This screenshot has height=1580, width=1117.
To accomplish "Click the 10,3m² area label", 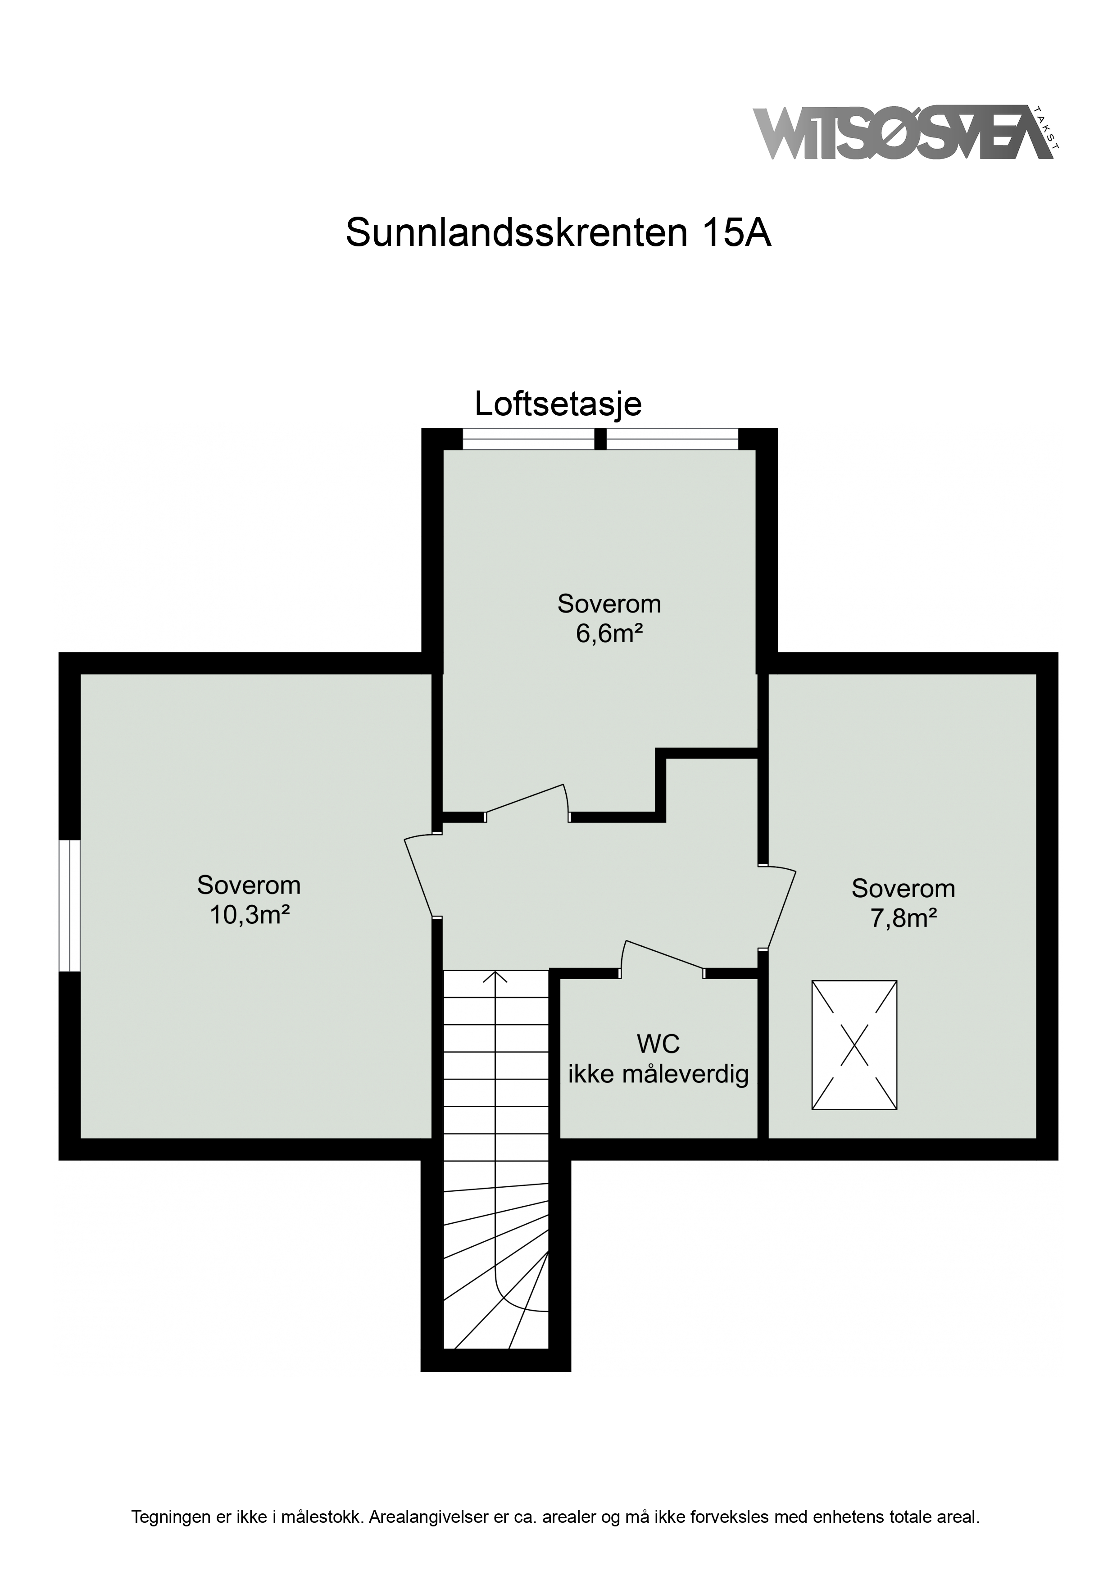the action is (x=249, y=915).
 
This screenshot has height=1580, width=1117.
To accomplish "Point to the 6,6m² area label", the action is (x=609, y=633).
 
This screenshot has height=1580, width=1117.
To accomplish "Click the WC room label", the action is (x=658, y=1044).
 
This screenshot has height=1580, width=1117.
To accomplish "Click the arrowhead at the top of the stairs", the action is (x=495, y=976).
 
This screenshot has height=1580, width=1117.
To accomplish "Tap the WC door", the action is (x=663, y=958).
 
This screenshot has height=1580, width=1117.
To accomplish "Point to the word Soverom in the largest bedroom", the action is (x=249, y=885).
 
